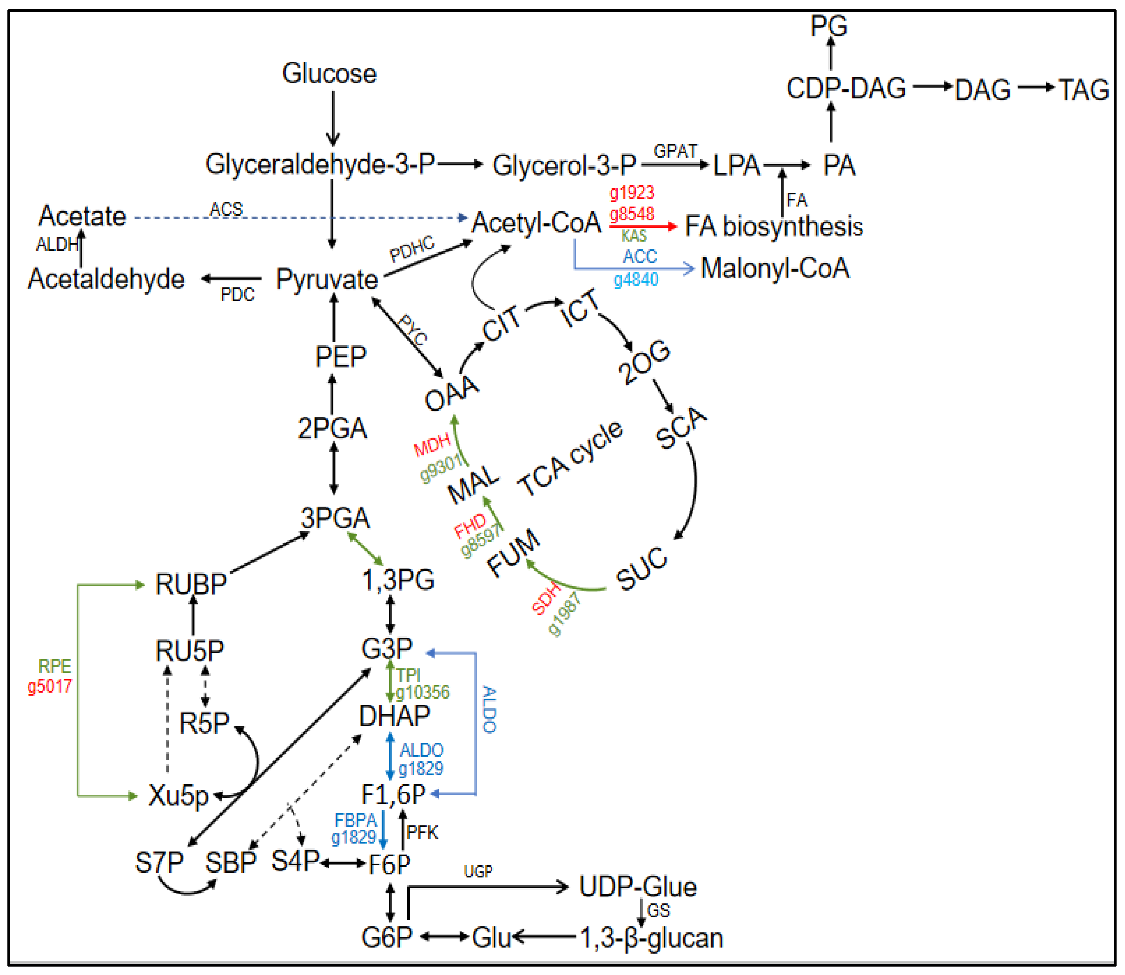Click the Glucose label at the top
[x=329, y=74]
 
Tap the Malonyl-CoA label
[x=775, y=268]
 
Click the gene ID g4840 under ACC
[x=636, y=280]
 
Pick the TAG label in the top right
[x=1083, y=90]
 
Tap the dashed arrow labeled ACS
[x=299, y=218]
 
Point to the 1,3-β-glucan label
[x=651, y=938]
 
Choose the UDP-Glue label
[x=637, y=887]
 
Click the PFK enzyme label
[x=422, y=833]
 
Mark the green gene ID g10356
[x=423, y=692]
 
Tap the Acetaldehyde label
[x=107, y=279]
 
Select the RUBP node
[x=190, y=584]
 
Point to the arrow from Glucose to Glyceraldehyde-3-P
[x=333, y=118]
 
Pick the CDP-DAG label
[x=846, y=88]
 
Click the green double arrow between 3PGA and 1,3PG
[x=365, y=549]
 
